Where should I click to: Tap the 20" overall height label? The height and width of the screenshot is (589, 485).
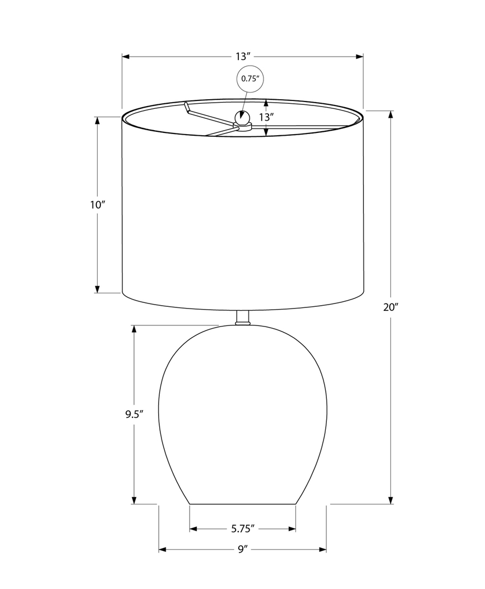pos(391,307)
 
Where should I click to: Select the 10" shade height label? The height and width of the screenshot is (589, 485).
pos(98,205)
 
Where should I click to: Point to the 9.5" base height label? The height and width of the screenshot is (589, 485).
pos(135,415)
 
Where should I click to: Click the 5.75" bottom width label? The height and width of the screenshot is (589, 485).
pos(243,528)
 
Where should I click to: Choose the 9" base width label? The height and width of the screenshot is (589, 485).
pos(242,550)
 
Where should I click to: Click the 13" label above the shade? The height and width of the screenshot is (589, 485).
pos(242,57)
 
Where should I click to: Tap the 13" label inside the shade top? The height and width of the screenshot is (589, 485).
pos(266,117)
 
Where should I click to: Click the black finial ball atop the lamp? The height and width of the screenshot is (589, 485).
pos(242,118)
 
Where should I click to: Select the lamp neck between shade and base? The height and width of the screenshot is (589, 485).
pos(243,318)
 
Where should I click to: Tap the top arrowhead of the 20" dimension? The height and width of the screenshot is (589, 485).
pos(391,114)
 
